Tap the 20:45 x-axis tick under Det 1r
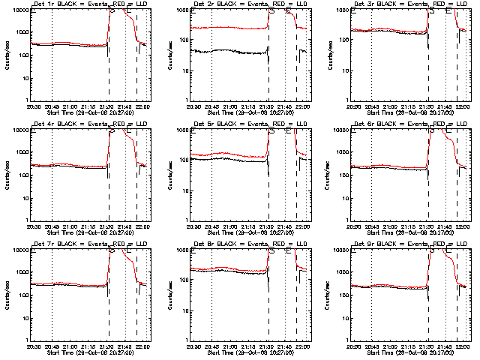pos(52,106)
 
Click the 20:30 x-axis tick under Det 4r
pos(33,226)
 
